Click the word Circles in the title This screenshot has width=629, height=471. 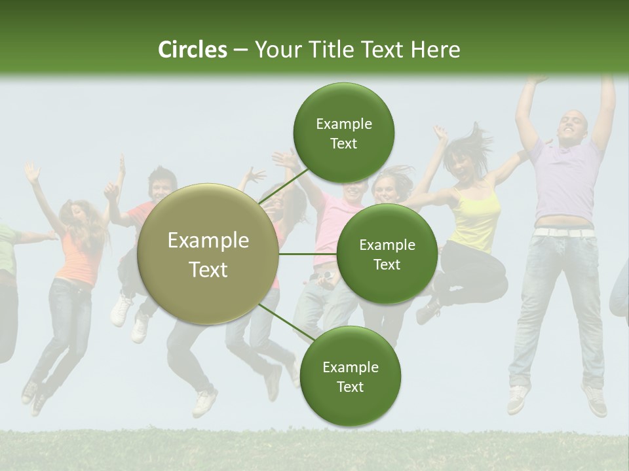[192, 50]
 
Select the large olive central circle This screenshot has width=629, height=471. [208, 254]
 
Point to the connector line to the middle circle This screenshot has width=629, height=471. [307, 254]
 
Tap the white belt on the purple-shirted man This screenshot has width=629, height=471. [563, 232]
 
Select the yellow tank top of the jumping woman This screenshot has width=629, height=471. [476, 219]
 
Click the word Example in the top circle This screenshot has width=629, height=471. [343, 124]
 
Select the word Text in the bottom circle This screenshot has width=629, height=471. [350, 387]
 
